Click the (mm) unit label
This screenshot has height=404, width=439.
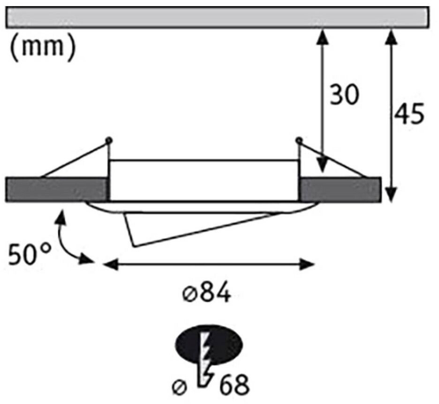[x=42, y=48]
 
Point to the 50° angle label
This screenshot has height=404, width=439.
[x=29, y=255]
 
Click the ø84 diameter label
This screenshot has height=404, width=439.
[x=206, y=294]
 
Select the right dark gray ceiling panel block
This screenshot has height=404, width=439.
[x=340, y=189]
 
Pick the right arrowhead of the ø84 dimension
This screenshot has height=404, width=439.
[x=308, y=265]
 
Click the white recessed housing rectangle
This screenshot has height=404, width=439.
[x=204, y=180]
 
